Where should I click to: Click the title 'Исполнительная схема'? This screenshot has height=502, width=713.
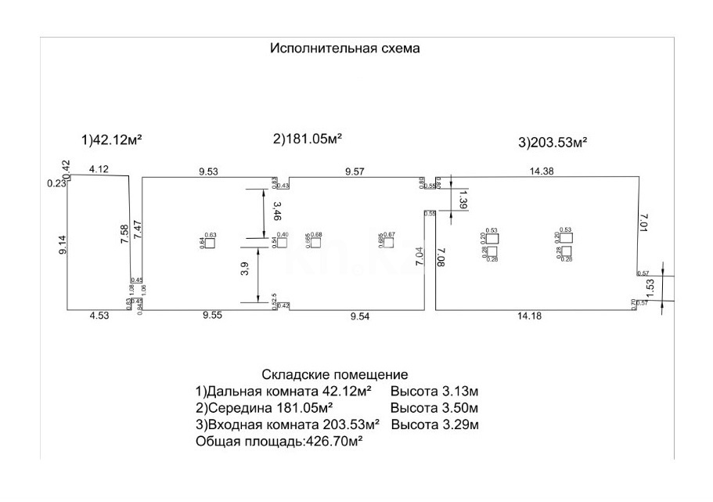pyautogui.click(x=345, y=48)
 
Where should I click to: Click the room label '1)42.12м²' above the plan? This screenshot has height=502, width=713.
pyautogui.click(x=111, y=140)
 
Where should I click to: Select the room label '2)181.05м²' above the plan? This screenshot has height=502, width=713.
pyautogui.click(x=308, y=139)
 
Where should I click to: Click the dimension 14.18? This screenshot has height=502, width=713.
pyautogui.click(x=533, y=316)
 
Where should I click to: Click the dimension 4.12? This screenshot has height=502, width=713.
pyautogui.click(x=99, y=168)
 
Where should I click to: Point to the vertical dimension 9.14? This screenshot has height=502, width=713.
pyautogui.click(x=63, y=244)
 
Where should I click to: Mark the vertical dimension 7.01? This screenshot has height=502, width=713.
pyautogui.click(x=643, y=223)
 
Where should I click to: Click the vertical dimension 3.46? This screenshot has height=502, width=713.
pyautogui.click(x=276, y=211)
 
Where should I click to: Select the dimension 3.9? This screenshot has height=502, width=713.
pyautogui.click(x=246, y=269)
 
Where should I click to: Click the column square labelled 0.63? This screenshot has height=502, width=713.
pyautogui.click(x=210, y=243)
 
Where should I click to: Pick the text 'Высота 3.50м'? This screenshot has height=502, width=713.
pyautogui.click(x=434, y=408)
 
